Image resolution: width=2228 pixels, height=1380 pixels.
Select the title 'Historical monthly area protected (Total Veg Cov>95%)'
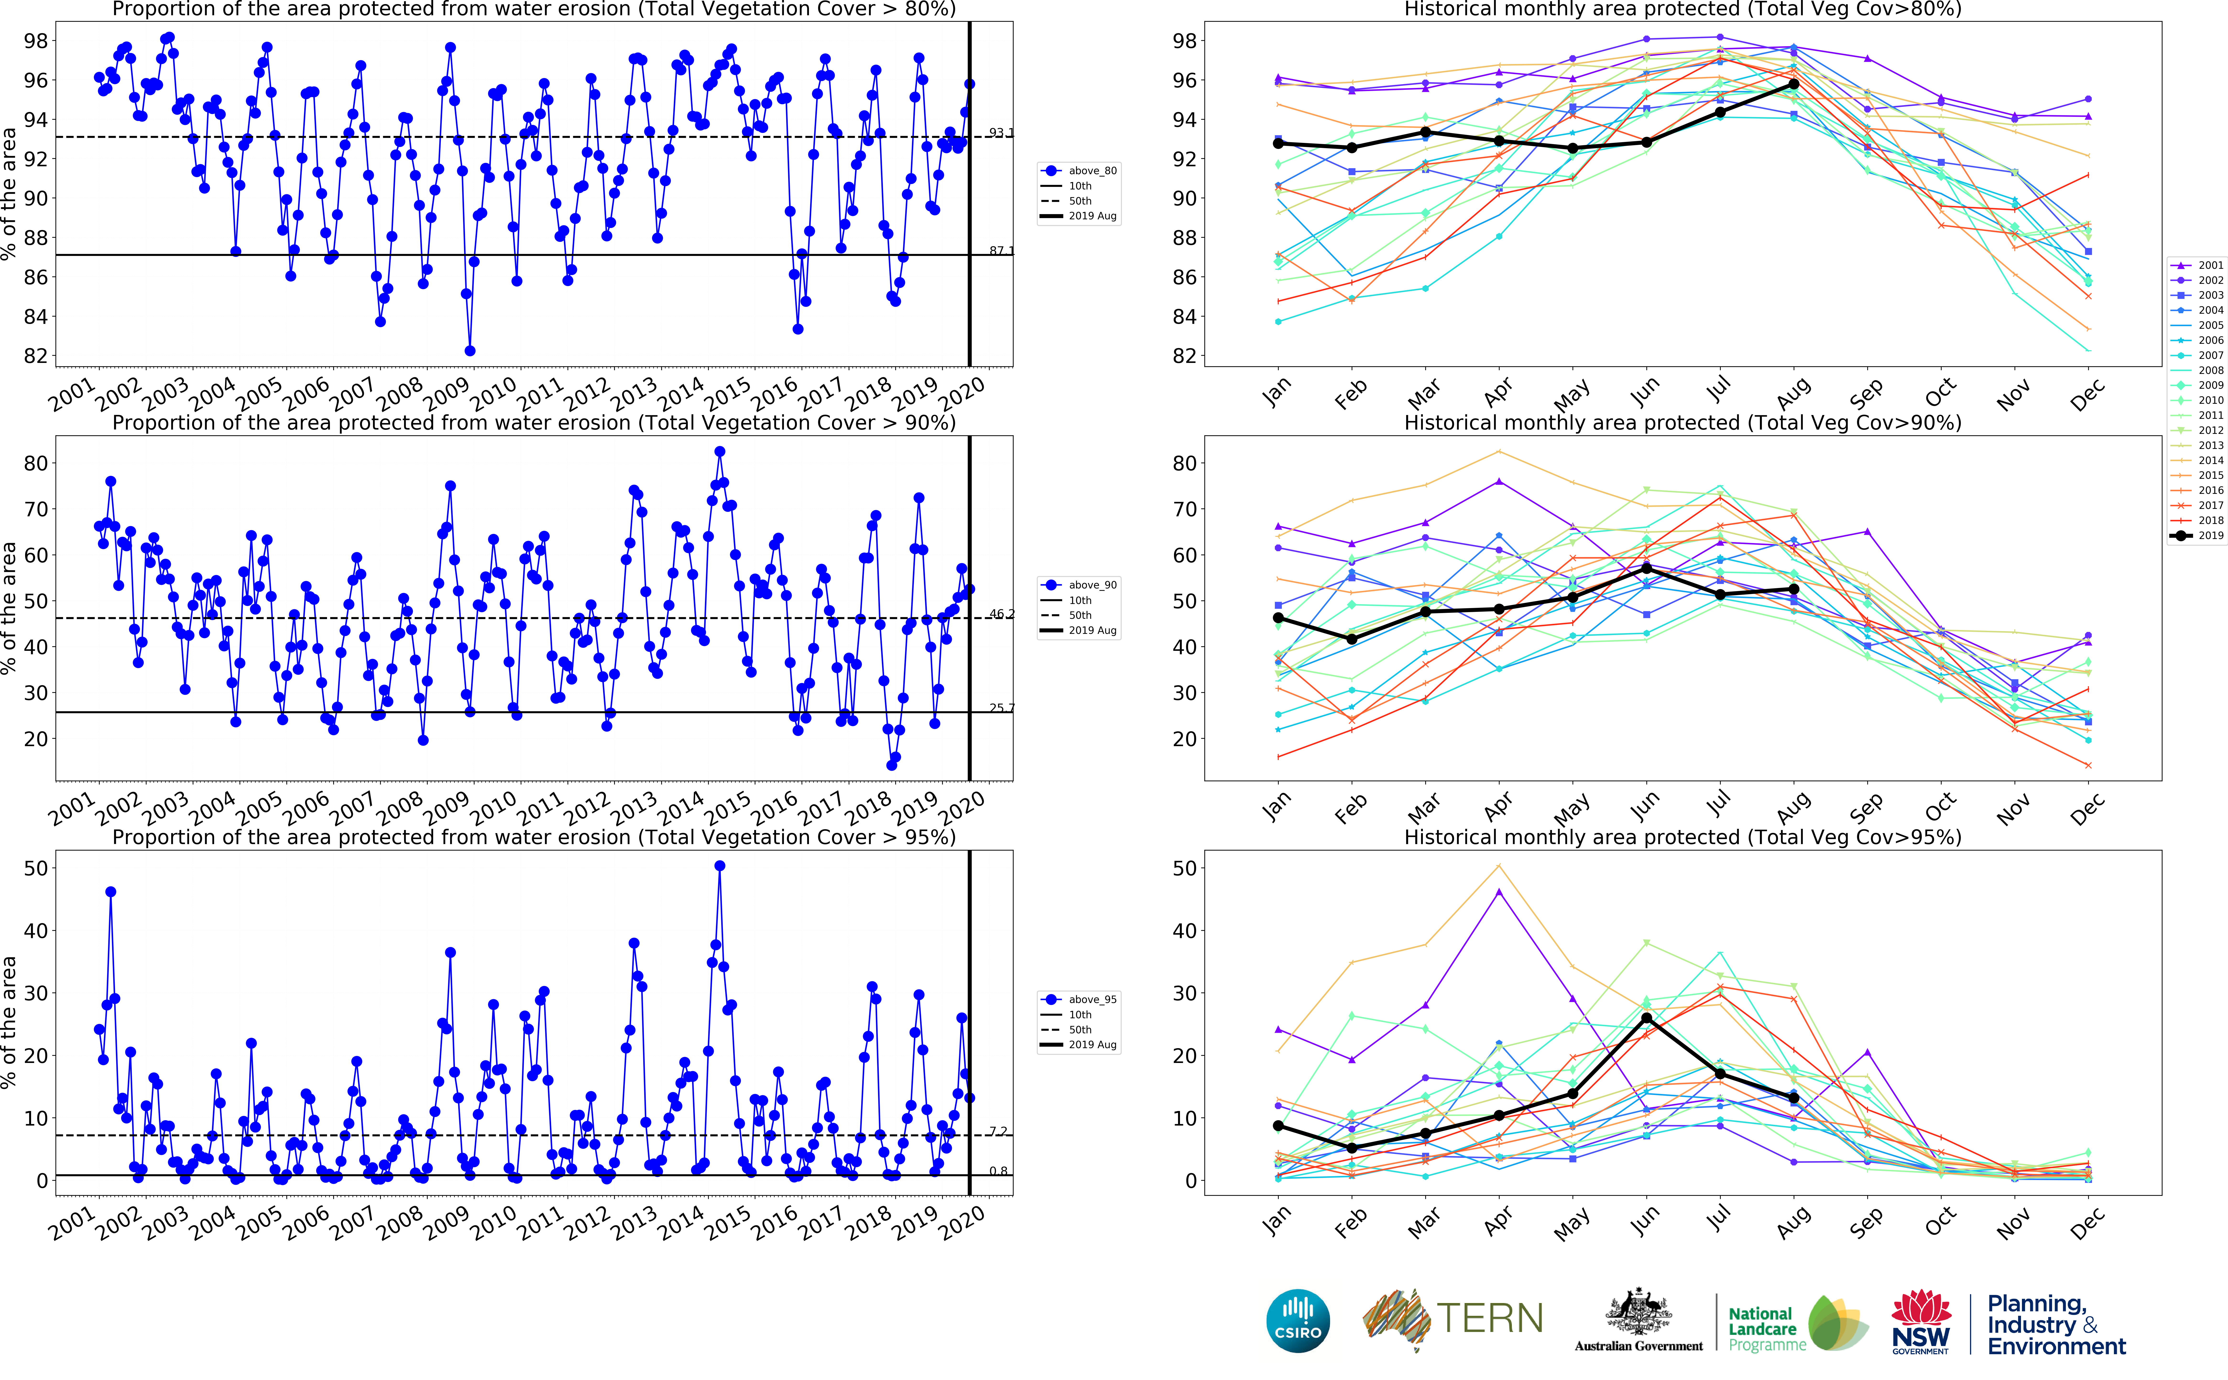(1682, 837)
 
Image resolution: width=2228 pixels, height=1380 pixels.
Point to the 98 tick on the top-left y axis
(37, 41)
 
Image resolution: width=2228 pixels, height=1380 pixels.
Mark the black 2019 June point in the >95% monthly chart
(1646, 1018)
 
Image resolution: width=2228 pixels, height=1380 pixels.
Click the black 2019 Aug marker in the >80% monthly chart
(1793, 84)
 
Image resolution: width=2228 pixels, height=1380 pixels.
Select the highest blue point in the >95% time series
(720, 866)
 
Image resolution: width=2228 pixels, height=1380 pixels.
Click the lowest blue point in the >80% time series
(469, 350)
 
